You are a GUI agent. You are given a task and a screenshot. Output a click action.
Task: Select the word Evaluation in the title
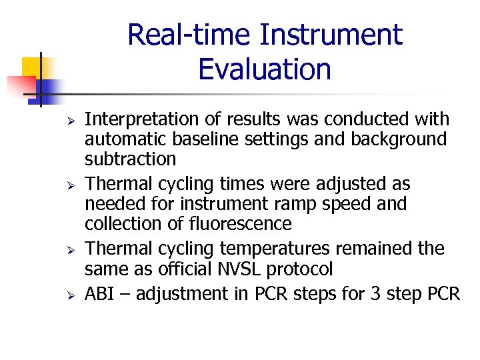(x=265, y=69)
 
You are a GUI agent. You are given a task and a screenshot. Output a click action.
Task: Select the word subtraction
(x=131, y=159)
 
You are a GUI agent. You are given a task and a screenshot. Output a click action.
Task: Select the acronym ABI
(x=99, y=294)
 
